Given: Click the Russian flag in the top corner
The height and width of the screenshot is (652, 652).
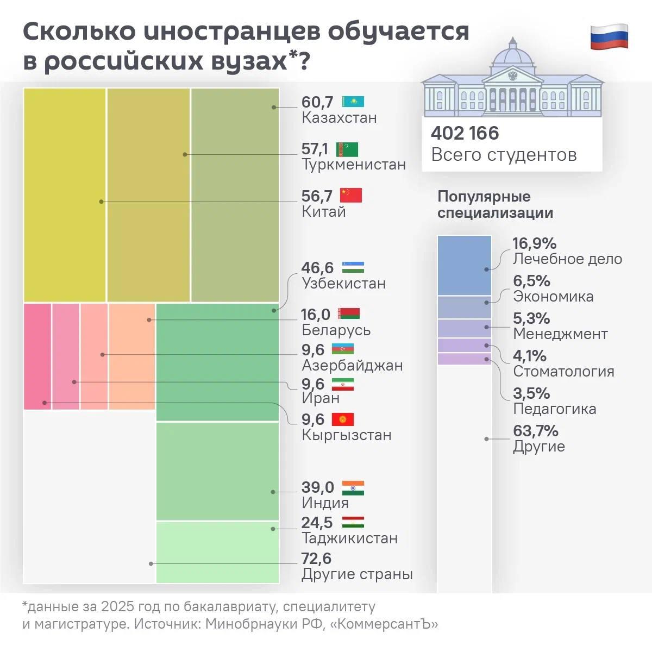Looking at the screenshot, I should click(609, 37).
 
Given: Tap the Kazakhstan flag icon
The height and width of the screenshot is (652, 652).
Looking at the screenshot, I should click(353, 102).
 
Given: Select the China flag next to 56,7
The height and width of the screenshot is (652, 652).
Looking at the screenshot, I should click(350, 195).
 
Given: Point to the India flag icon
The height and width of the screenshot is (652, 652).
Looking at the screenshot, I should click(353, 487).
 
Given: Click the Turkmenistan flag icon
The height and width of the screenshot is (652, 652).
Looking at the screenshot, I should click(347, 149).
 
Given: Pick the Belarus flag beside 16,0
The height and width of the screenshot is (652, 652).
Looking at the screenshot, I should click(348, 314).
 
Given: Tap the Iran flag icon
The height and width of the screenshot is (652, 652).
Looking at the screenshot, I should click(343, 384).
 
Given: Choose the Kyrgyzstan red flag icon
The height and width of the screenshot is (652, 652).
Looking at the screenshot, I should click(343, 419).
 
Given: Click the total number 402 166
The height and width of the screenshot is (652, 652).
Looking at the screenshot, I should click(465, 133).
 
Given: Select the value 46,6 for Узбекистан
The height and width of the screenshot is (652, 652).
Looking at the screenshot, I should click(318, 268).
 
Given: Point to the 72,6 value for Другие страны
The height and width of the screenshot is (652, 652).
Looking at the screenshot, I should click(316, 559).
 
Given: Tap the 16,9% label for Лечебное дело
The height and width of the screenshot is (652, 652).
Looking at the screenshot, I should click(535, 244).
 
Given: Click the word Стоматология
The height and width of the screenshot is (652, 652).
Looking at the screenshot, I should click(563, 372).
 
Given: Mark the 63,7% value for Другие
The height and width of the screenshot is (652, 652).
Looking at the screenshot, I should click(536, 431).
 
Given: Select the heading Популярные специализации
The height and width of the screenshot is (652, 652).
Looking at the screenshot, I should click(495, 204).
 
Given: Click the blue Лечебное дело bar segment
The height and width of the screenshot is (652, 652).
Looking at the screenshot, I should click(465, 265).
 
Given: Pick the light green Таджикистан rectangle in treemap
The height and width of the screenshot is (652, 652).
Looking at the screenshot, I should click(217, 552).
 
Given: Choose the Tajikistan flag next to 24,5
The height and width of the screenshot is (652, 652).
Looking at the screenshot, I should click(353, 523).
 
